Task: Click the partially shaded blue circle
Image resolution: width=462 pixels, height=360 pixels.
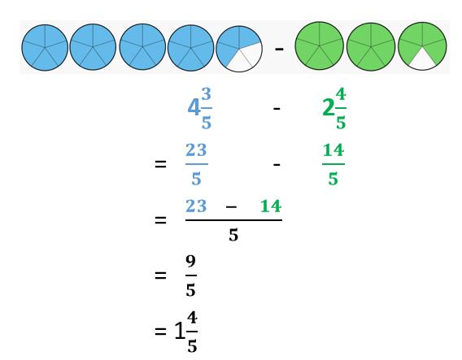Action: point(239,49)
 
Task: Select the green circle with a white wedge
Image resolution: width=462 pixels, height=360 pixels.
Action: point(422,46)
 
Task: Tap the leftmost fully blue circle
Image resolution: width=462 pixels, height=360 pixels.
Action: point(45,48)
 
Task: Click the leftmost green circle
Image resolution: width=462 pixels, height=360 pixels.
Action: point(320,46)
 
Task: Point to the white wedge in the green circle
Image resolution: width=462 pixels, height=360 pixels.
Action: point(422,60)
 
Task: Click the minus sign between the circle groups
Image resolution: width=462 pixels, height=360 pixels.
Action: point(279,49)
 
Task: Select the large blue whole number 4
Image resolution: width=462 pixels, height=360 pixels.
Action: point(194,107)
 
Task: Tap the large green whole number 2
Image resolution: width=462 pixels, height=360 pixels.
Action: point(329,108)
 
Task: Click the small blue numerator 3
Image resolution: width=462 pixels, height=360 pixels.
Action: point(207,94)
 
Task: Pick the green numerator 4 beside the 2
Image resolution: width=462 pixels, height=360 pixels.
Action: point(341,94)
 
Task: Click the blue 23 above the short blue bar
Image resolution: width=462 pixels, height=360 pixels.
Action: point(196,150)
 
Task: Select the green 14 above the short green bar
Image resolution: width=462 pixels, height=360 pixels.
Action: point(333,150)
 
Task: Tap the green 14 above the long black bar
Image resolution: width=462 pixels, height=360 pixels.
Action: point(271,206)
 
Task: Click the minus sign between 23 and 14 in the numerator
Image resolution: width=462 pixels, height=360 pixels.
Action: point(231,207)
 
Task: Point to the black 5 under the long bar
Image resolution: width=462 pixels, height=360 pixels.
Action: point(233,235)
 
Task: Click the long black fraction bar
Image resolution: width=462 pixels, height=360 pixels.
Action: point(233,220)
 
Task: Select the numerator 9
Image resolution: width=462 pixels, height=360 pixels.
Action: point(190,262)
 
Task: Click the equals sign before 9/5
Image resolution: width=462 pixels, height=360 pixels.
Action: point(160,275)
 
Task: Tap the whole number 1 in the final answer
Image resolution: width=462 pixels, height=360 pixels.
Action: point(180,331)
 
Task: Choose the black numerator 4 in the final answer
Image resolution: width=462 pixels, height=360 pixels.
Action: point(192,318)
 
